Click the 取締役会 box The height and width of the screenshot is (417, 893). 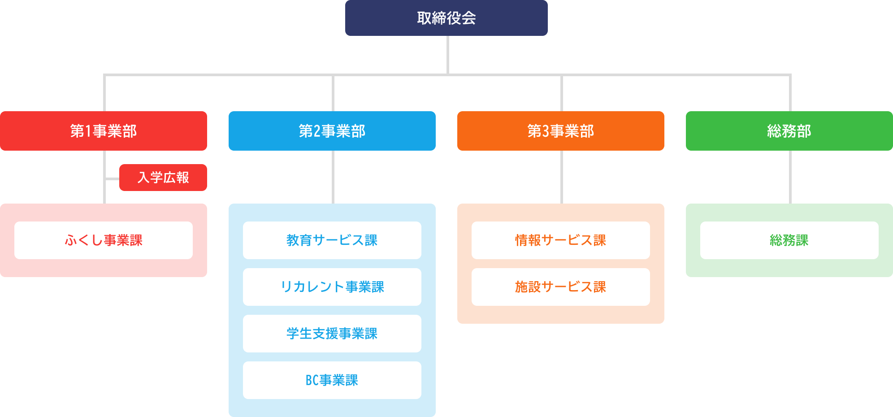pos(446,18)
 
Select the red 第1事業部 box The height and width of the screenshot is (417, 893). pos(103,131)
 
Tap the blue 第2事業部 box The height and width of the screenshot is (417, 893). pos(332,131)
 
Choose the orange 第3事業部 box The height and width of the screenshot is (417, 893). pos(560,131)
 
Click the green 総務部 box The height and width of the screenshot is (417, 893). pos(789,131)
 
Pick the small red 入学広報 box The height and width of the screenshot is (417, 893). pos(163,178)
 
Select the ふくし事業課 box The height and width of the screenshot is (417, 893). pos(103,240)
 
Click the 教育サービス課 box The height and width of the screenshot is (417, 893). pos(332,240)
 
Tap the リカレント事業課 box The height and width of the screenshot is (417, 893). pos(332,287)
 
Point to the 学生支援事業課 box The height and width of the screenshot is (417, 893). pos(332,334)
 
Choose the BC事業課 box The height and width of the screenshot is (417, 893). pos(332,380)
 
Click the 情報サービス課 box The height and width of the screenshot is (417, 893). pos(560,240)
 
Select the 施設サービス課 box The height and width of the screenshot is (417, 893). pos(560,287)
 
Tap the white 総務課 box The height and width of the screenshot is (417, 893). pos(789,240)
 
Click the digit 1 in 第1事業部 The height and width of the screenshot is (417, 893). pos(88,131)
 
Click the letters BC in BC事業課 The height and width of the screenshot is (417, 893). pos(312,380)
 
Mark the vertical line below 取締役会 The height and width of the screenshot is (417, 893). pos(448,55)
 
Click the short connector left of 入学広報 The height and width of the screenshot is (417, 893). pos(112,178)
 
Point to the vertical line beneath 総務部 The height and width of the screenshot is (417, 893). pos(790,177)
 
